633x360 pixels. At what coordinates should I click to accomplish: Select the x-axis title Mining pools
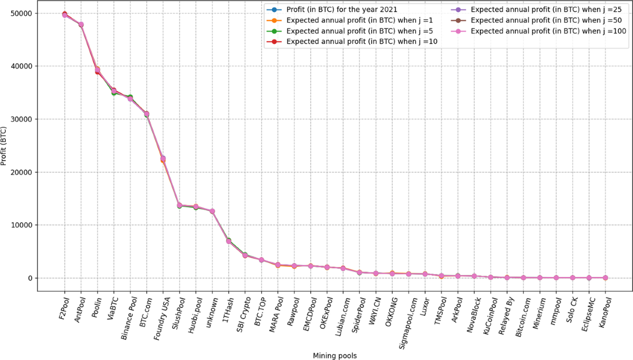coord(334,356)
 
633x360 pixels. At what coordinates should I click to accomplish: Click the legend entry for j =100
coord(548,31)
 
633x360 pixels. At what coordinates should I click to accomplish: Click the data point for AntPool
coord(81,25)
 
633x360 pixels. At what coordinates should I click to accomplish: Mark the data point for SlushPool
coord(179,205)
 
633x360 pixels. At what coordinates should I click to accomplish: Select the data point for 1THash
coord(228,241)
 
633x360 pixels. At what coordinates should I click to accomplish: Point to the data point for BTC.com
coord(147,114)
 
